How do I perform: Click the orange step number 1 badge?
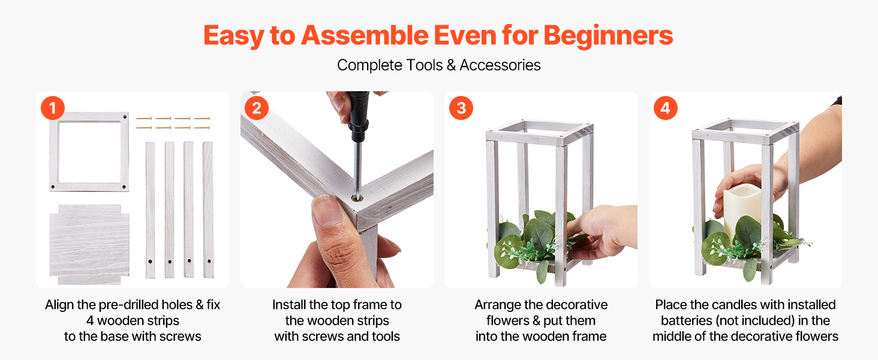pyautogui.click(x=53, y=108)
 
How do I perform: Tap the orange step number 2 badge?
pyautogui.click(x=257, y=108)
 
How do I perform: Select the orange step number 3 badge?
pyautogui.click(x=461, y=108)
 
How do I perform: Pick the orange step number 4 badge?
pyautogui.click(x=666, y=108)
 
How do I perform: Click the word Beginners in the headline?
pyautogui.click(x=608, y=36)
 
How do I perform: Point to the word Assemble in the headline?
pyautogui.click(x=365, y=35)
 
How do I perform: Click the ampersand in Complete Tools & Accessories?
pyautogui.click(x=451, y=65)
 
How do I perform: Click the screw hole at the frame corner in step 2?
pyautogui.click(x=356, y=199)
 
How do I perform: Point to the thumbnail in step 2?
pyautogui.click(x=324, y=211)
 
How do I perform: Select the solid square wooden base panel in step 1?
pyautogui.click(x=89, y=244)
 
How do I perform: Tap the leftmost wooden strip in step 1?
pyautogui.click(x=150, y=210)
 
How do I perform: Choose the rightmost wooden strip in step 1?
pyautogui.click(x=208, y=210)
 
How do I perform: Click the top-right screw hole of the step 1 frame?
pyautogui.click(x=125, y=117)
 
